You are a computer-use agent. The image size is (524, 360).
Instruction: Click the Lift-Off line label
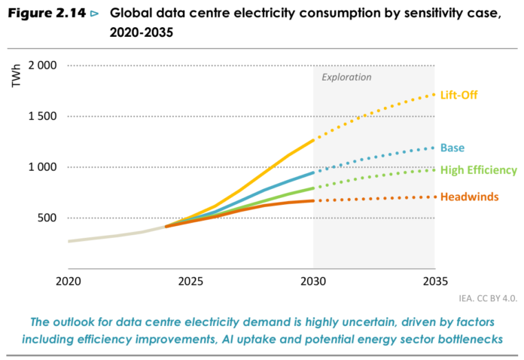[x=458, y=95]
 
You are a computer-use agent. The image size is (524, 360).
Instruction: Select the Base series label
[x=452, y=148]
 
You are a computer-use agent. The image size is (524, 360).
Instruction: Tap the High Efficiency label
[x=479, y=170]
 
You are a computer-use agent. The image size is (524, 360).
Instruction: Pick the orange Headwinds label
[x=470, y=197]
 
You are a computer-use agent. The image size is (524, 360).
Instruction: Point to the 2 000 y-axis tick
[x=42, y=66]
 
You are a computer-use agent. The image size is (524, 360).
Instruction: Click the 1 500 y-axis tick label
[x=42, y=116]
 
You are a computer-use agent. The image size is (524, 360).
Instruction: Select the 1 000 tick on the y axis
[x=42, y=166]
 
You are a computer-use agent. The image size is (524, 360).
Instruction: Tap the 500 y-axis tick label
[x=47, y=218]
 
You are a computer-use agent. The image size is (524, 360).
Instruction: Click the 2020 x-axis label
[x=69, y=282]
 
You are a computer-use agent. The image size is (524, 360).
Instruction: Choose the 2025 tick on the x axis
[x=190, y=282]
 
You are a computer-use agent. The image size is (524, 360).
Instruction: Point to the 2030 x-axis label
[x=313, y=282]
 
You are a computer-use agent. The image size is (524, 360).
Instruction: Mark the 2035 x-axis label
[x=435, y=282]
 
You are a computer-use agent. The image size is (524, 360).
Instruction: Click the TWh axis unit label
[x=16, y=76]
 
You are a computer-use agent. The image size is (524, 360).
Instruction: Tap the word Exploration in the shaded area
[x=346, y=78]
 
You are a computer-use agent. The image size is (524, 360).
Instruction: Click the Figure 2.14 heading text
[x=47, y=14]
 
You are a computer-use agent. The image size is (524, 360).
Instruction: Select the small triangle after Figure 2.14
[x=95, y=14]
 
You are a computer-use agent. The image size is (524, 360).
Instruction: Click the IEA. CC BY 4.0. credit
[x=488, y=298]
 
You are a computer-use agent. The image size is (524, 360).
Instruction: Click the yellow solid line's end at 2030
[x=313, y=140]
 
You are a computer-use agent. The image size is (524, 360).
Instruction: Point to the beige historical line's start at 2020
[x=69, y=241]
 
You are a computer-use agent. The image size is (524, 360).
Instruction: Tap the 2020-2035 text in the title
[x=142, y=32]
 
